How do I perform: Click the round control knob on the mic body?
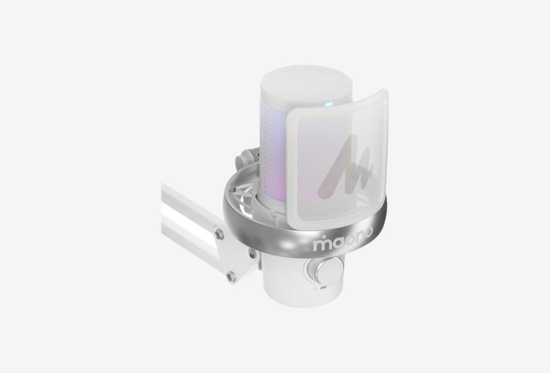[328, 269]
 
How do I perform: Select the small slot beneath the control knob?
[324, 287]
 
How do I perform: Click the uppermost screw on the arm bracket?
[219, 233]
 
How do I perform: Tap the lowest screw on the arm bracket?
[230, 277]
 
